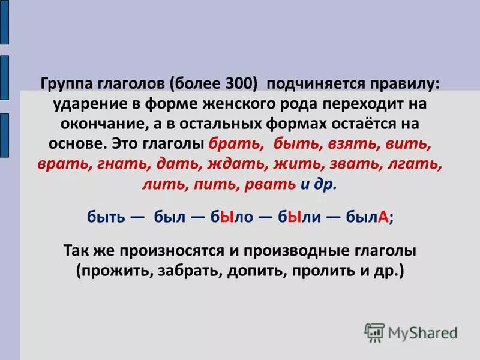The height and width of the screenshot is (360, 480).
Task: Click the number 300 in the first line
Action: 242,83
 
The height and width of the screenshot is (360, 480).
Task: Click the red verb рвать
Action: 269,185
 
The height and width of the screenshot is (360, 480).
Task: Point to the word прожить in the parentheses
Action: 114,271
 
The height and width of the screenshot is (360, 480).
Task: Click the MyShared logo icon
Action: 374,332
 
